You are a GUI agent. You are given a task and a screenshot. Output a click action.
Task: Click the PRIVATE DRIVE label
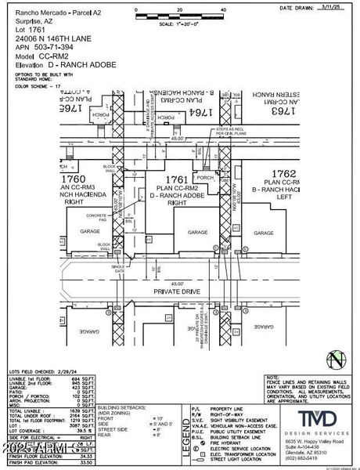click(x=181, y=292)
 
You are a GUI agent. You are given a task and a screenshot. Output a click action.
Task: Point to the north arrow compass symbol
click(x=336, y=360)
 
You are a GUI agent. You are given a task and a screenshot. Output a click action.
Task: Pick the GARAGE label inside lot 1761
click(x=197, y=233)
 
